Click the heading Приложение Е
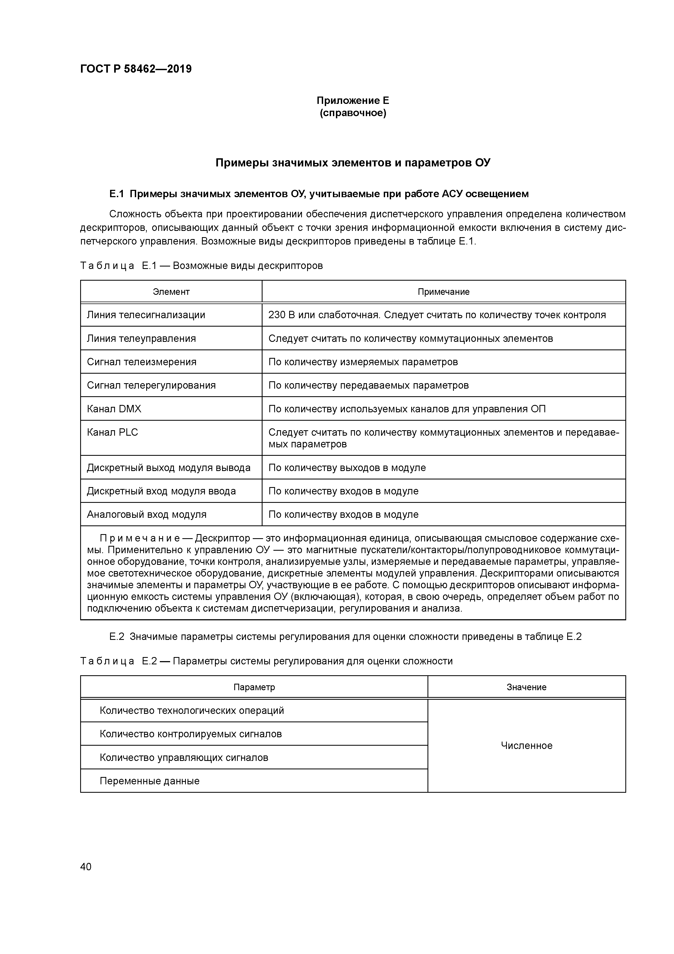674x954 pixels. [352, 101]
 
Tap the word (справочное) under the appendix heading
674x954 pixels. [352, 113]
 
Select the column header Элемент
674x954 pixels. [171, 292]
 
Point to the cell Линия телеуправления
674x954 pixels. [141, 338]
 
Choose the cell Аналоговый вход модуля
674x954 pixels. [146, 515]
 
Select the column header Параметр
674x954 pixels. [254, 687]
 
